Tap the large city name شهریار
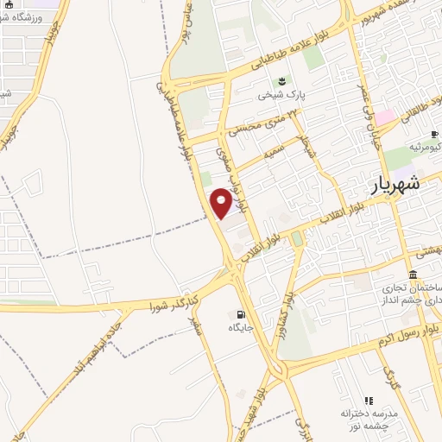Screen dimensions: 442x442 [397, 184]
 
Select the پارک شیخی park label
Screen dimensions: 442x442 [282, 97]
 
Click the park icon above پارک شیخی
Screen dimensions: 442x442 [281, 81]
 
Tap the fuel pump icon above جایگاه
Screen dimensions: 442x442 [240, 313]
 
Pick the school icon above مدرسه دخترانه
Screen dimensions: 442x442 [369, 400]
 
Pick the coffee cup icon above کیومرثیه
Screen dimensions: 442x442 [435, 134]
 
